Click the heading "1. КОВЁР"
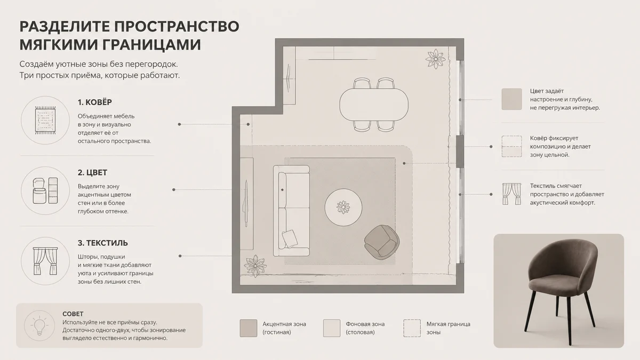coord(94,102)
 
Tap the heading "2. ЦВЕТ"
coord(92,173)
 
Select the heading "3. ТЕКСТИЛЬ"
coord(102,243)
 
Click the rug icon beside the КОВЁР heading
coord(45,121)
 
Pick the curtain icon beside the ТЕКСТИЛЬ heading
coord(45,261)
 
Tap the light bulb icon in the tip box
coord(39,326)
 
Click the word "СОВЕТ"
coord(73,314)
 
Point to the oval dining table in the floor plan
coord(374,105)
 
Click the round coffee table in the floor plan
coord(343,207)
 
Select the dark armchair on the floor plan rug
coord(381,242)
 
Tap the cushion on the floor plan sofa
coord(290,238)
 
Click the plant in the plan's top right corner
coord(435,59)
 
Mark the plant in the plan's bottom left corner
coord(255,266)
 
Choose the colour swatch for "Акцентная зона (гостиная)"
coord(249,328)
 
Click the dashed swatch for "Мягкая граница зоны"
coord(412,328)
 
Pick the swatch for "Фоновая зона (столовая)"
coord(332,328)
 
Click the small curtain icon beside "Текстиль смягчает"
coord(511,194)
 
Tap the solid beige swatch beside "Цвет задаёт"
coord(511,99)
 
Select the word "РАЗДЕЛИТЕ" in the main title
coord(65,27)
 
